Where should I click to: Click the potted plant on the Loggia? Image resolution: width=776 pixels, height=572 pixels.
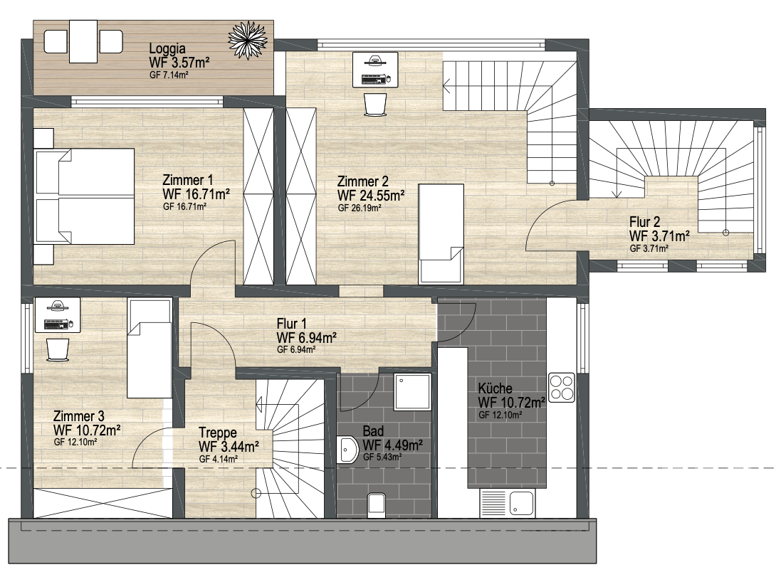248,39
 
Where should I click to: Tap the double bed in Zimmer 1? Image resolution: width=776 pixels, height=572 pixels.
84,196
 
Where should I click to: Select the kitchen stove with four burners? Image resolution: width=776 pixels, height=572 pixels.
562,387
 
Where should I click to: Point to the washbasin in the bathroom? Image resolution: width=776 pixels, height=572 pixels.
347,450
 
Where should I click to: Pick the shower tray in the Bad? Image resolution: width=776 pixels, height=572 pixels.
412,391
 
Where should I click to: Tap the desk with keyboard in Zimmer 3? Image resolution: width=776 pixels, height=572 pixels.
57,315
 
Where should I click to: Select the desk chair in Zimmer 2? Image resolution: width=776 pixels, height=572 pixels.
375,105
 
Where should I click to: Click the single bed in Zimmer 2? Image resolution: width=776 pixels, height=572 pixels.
441,233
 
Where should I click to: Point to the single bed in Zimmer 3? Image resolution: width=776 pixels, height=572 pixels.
150,348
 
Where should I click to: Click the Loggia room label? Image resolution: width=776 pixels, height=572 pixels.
167,48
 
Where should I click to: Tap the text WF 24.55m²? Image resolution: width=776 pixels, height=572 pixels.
371,195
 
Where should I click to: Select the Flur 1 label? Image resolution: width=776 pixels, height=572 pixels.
291,324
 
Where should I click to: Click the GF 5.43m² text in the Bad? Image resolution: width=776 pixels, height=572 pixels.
382,457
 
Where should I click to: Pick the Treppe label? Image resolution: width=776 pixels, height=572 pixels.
218,433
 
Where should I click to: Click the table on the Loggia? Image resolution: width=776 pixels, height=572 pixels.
83,41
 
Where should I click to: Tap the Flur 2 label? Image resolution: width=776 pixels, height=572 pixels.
644,221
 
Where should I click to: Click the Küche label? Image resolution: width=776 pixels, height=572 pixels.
495,388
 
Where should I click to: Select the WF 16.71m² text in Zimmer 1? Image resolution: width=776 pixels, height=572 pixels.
196,194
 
